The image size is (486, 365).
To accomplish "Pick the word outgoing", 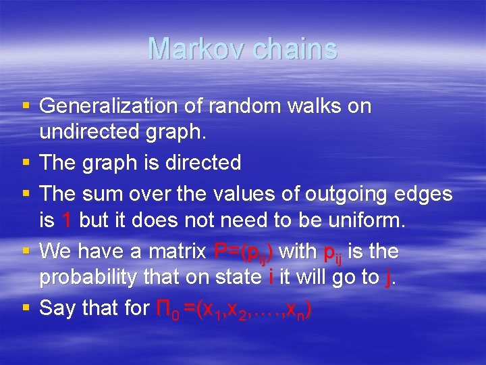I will click(351, 194).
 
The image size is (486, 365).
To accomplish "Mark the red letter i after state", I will click(270, 276).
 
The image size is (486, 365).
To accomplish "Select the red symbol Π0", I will click(165, 309).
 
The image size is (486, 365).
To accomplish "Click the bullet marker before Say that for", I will click(26, 308).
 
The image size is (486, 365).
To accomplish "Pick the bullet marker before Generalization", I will click(26, 106).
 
